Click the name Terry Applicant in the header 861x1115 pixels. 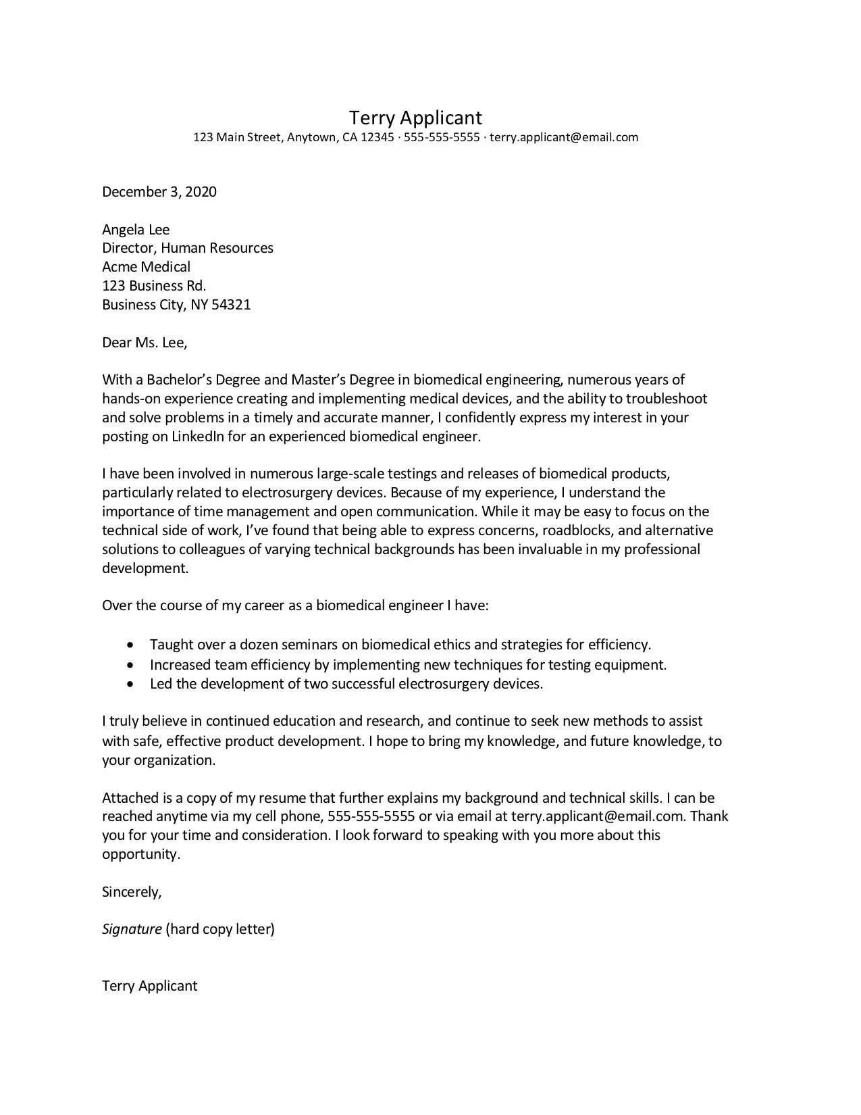click(x=415, y=118)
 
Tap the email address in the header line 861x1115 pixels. click(x=563, y=138)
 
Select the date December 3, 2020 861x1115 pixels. click(x=159, y=192)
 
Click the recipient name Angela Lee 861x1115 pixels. click(x=136, y=230)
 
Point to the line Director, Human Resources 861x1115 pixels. click(x=188, y=248)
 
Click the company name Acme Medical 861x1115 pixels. click(x=146, y=267)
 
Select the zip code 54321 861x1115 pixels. click(x=231, y=305)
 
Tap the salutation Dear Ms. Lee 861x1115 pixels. click(x=145, y=343)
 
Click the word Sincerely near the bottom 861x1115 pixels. click(x=132, y=892)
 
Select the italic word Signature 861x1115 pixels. click(x=132, y=929)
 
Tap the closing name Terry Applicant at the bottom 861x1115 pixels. click(x=149, y=986)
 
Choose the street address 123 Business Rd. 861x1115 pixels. click(x=154, y=286)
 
